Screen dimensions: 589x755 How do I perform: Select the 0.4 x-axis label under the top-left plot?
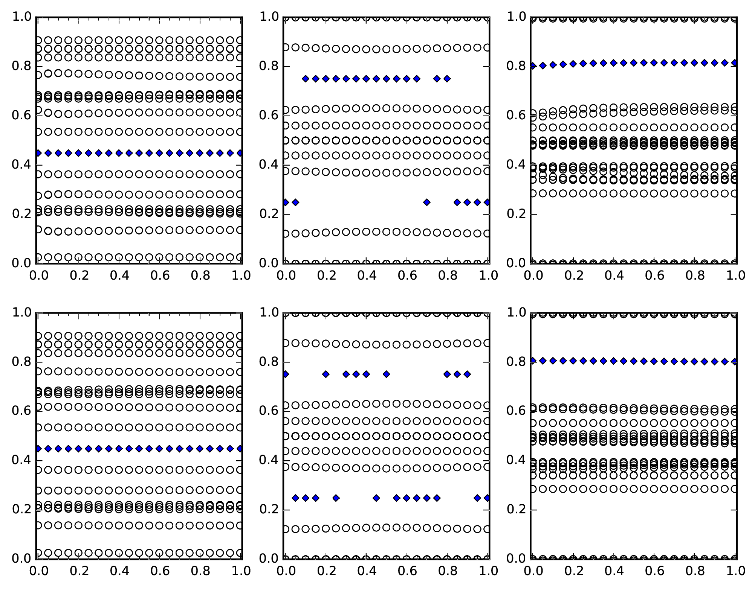119,275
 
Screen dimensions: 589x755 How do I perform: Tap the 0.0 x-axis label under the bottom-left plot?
39,571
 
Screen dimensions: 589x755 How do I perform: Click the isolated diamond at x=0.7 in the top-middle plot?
427,202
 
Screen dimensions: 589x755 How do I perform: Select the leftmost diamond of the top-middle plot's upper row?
306,79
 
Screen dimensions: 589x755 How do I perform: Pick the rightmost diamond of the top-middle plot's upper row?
447,79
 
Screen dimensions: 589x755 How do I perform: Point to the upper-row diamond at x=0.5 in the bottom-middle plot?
386,374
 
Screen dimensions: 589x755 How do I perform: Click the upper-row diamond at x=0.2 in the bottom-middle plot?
326,374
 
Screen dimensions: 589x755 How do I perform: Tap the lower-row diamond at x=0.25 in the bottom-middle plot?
336,498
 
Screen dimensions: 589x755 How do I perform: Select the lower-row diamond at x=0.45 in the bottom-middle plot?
376,498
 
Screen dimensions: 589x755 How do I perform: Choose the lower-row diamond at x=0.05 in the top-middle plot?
295,202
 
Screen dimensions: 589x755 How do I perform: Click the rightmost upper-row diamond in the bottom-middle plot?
467,374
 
